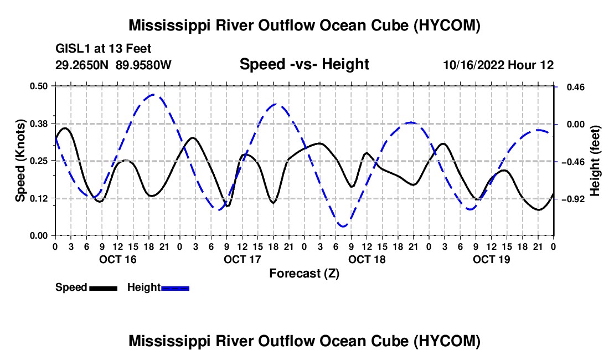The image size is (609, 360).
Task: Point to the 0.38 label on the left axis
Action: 38,124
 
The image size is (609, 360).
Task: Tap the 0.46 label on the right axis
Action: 576,87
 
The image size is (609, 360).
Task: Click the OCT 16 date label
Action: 118,259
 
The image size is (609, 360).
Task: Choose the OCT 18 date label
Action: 367,259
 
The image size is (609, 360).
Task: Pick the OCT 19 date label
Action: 491,259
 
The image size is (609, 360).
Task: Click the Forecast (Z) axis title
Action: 304,274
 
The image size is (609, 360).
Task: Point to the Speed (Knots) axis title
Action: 20,161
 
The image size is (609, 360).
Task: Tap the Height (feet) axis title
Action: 595,161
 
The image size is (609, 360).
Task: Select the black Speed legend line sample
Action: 104,288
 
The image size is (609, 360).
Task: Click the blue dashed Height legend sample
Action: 175,288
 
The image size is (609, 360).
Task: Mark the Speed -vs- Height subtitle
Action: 304,64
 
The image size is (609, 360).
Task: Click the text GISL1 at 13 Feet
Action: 104,49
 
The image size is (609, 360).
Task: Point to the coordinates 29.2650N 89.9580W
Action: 113,65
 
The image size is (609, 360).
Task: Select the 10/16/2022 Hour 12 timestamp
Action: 498,65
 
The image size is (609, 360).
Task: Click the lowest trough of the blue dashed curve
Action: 343,226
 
